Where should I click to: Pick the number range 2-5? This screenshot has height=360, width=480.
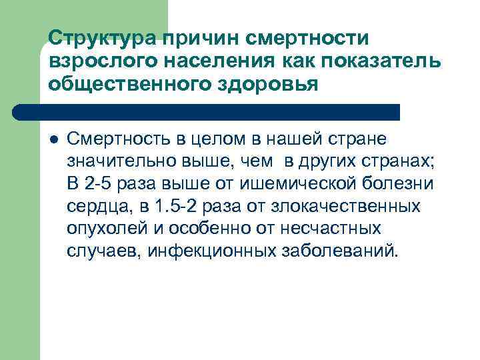pyautogui.click(x=98, y=183)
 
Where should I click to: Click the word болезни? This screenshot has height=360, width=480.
pyautogui.click(x=394, y=183)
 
